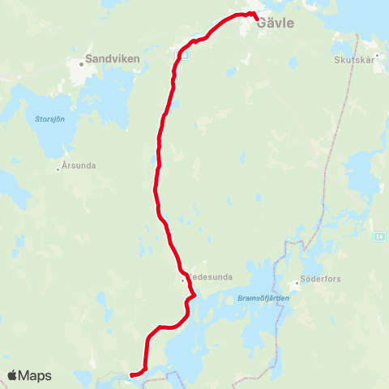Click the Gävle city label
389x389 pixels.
pos(275,24)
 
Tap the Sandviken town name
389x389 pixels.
pos(113,59)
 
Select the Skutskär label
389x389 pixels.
pos(352,60)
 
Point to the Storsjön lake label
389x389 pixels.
pos(49,118)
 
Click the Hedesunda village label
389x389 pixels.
pos(211,277)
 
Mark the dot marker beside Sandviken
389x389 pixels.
pos(82,64)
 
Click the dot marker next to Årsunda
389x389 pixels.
pos(58,169)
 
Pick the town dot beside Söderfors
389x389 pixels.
pos(297,284)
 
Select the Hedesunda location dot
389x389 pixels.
pos(183,280)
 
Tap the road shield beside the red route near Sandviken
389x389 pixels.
pos(185,55)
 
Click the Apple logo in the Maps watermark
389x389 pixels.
pos(13,375)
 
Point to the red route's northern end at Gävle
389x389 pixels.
pos(257,19)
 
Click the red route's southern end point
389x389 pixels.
pos(131,374)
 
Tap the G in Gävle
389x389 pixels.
pos(261,24)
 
